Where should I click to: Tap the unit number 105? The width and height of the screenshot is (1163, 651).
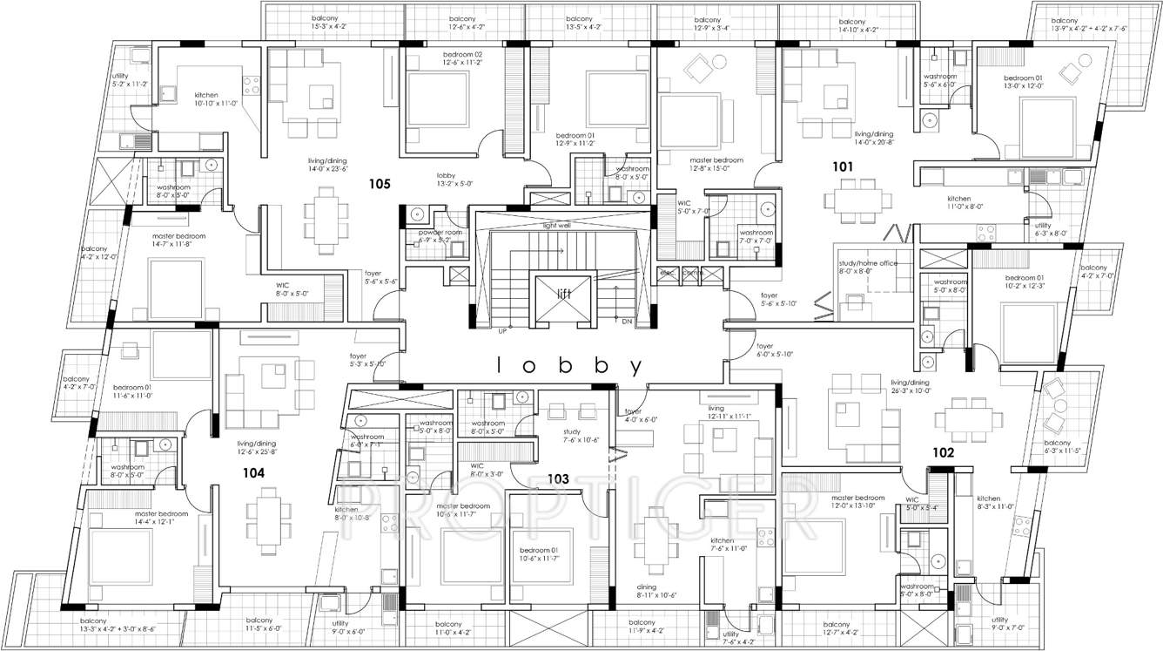[x=378, y=185]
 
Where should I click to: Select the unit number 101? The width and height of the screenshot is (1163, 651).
[x=842, y=166]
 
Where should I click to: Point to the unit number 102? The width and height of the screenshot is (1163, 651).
[x=944, y=453]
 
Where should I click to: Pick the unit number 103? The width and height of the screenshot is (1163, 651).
[x=557, y=478]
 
